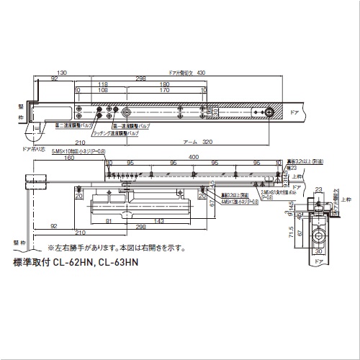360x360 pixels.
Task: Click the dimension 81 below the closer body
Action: point(107,221)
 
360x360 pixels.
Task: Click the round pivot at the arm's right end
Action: point(268,113)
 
